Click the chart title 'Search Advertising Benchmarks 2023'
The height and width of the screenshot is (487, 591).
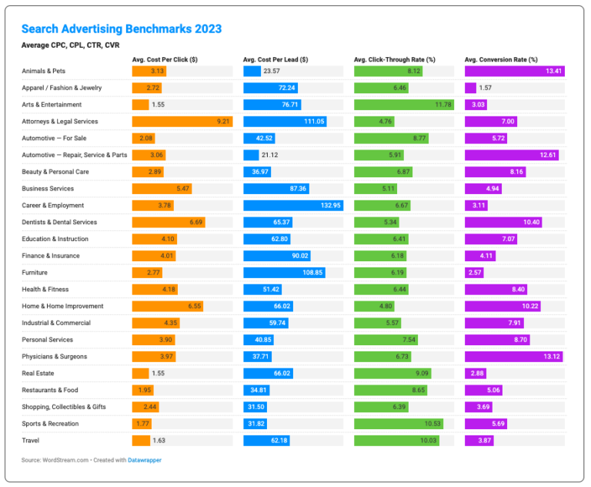pos(121,29)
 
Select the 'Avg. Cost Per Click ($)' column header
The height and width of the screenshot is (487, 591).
pos(165,59)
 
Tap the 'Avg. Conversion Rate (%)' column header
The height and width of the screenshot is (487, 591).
pos(501,59)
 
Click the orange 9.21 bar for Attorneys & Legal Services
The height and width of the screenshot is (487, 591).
pos(182,121)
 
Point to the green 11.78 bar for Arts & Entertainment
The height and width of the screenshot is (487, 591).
pos(404,105)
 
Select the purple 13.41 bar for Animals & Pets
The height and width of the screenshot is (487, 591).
pos(515,71)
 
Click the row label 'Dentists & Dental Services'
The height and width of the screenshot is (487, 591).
pos(59,222)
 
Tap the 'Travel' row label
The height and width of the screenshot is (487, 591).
pos(30,441)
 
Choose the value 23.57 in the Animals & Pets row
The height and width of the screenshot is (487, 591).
pos(272,71)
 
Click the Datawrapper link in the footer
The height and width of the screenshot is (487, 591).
pos(144,460)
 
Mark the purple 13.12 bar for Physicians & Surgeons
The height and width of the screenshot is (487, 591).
pos(514,357)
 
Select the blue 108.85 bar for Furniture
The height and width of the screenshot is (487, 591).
pos(285,273)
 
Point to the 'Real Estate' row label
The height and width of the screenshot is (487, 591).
pos(38,374)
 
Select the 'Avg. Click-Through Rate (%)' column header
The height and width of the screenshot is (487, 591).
pos(395,59)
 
